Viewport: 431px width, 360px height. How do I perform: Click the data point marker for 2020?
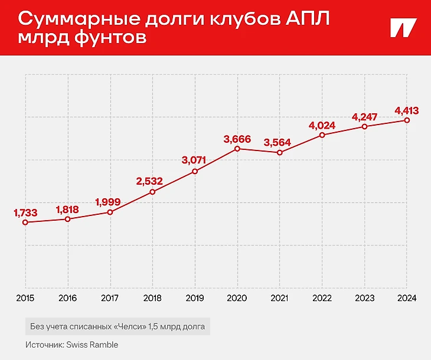tap(237, 149)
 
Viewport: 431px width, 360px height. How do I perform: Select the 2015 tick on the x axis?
tap(25, 298)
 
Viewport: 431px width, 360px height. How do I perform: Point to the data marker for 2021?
tap(280, 153)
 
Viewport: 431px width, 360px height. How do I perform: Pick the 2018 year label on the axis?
tap(152, 298)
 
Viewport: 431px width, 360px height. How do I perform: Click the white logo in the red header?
tap(403, 28)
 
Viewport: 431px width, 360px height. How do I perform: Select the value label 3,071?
tap(195, 159)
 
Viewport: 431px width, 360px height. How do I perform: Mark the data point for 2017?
tap(110, 212)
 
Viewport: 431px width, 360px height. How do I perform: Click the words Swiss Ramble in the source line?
tap(94, 345)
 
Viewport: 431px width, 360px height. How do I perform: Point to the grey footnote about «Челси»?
tap(117, 326)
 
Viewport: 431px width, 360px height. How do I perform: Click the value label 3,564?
tap(280, 142)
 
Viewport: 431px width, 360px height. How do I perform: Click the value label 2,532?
tap(152, 181)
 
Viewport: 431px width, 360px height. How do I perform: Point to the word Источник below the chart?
tap(44, 345)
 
